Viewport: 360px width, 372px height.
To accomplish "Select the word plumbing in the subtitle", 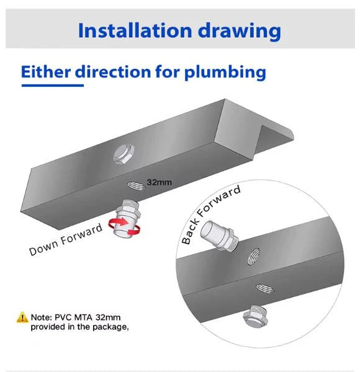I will point(225,72).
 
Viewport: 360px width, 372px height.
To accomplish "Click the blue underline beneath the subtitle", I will point(52,86).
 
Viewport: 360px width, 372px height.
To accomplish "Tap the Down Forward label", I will point(65,240).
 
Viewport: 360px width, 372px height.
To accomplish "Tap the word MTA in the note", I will point(88,317).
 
